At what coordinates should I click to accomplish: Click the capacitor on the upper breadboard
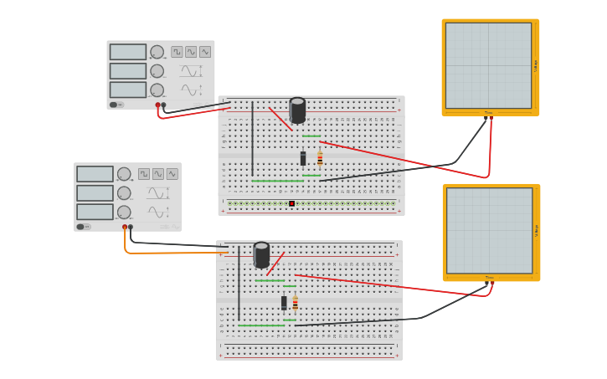pyautogui.click(x=297, y=110)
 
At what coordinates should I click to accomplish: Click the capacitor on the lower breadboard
pyautogui.click(x=261, y=254)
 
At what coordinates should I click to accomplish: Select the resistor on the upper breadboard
pyautogui.click(x=320, y=158)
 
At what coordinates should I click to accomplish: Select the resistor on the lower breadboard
pyautogui.click(x=295, y=303)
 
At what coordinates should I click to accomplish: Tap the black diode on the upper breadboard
pyautogui.click(x=303, y=158)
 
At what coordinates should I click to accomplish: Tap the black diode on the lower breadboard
pyautogui.click(x=284, y=303)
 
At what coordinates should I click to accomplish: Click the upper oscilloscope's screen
pyautogui.click(x=488, y=65)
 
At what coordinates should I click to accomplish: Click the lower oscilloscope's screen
pyautogui.click(x=489, y=230)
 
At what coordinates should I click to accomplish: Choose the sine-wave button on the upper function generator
pyautogui.click(x=205, y=52)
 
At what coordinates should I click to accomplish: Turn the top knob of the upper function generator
pyautogui.click(x=157, y=52)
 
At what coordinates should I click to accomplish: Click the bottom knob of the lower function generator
pyautogui.click(x=124, y=212)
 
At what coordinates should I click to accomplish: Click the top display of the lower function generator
pyautogui.click(x=95, y=174)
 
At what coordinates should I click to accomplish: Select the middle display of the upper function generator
pyautogui.click(x=127, y=71)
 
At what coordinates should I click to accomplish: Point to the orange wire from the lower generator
pyautogui.click(x=167, y=253)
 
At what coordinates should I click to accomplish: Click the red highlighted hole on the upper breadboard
pyautogui.click(x=291, y=203)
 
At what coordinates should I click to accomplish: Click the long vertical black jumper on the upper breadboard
pyautogui.click(x=253, y=138)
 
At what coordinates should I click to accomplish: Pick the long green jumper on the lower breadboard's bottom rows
pyautogui.click(x=260, y=325)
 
